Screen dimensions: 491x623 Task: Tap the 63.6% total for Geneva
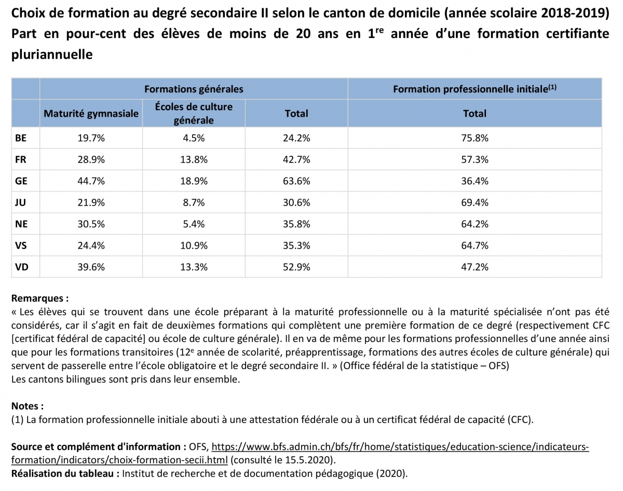pyautogui.click(x=297, y=181)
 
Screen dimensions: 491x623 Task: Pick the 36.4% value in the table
pyautogui.click(x=475, y=181)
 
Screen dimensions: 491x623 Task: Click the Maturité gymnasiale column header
pyautogui.click(x=91, y=113)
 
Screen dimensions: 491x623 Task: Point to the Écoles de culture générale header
pyautogui.click(x=194, y=113)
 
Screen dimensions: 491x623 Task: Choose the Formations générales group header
pyautogui.click(x=194, y=89)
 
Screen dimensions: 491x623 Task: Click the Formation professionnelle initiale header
pyautogui.click(x=475, y=89)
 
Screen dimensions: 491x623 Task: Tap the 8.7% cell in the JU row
pyautogui.click(x=194, y=202)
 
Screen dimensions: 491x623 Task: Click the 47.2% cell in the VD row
pyautogui.click(x=475, y=267)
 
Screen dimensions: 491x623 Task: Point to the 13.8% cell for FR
pyautogui.click(x=194, y=159)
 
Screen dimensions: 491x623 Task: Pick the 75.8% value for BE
pyautogui.click(x=475, y=138)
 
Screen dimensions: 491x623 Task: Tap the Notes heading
pyautogui.click(x=27, y=406)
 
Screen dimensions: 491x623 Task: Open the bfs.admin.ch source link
pyautogui.click(x=400, y=446)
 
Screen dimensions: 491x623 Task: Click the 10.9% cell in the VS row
pyautogui.click(x=194, y=245)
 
